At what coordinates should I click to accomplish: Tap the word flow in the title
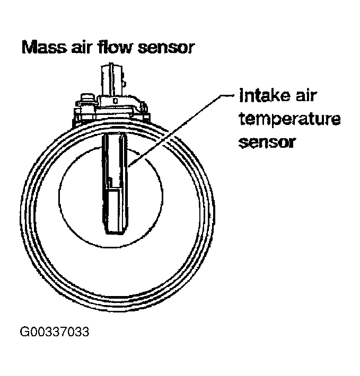click(x=115, y=48)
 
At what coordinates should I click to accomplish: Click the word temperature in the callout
click(x=289, y=121)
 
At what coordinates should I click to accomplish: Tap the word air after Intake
click(x=311, y=97)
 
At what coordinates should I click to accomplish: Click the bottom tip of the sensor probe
click(x=115, y=231)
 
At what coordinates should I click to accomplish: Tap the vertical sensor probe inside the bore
click(x=115, y=175)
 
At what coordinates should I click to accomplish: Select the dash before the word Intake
click(x=230, y=97)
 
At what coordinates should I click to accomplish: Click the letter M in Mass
click(x=29, y=48)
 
